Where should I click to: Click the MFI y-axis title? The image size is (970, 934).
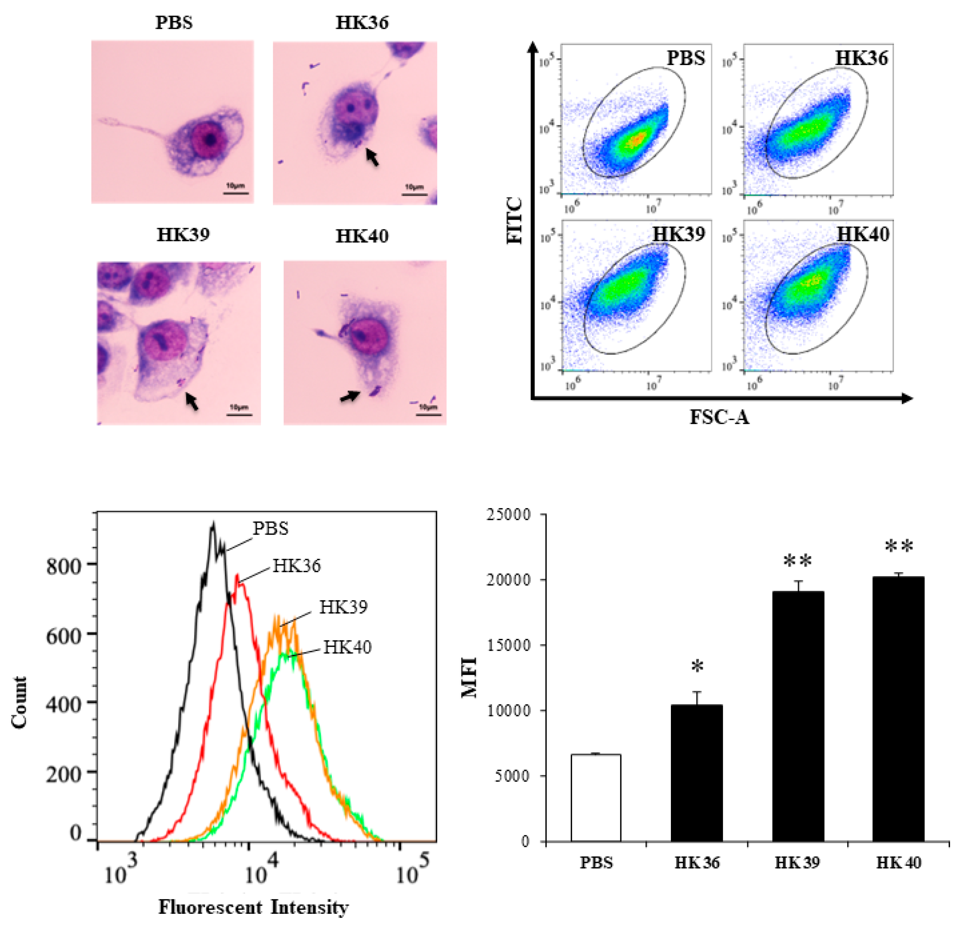469,677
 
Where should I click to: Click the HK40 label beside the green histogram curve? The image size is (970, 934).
347,647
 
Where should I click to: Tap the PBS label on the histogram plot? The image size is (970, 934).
271,528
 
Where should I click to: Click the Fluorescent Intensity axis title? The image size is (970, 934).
253,907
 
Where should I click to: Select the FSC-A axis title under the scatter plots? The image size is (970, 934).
720,417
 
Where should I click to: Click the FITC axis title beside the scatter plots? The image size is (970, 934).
515,221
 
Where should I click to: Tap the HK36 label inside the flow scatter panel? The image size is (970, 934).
861,58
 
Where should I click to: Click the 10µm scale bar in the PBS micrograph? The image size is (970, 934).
235,192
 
